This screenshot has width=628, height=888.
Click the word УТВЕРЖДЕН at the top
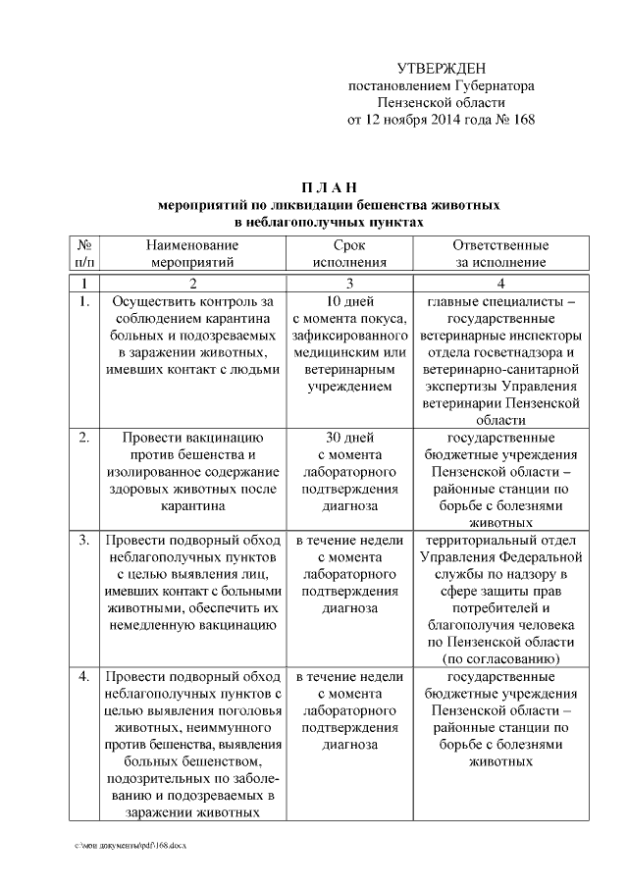[442, 68]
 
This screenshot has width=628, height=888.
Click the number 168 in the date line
[521, 121]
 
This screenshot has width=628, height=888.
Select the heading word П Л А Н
[330, 187]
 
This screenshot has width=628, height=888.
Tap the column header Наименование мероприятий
[193, 253]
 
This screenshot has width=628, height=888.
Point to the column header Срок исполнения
[348, 253]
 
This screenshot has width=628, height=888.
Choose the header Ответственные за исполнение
[499, 253]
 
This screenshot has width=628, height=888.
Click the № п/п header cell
[84, 253]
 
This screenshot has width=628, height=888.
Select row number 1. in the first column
[84, 301]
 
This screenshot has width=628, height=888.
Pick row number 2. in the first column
[84, 436]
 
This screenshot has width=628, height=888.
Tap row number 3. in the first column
[84, 540]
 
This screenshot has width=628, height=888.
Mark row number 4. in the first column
[84, 677]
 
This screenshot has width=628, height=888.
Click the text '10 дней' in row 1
[348, 301]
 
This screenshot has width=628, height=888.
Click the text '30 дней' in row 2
[348, 436]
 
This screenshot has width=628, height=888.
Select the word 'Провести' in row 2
[148, 436]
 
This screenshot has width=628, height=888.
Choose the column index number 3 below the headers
[348, 283]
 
